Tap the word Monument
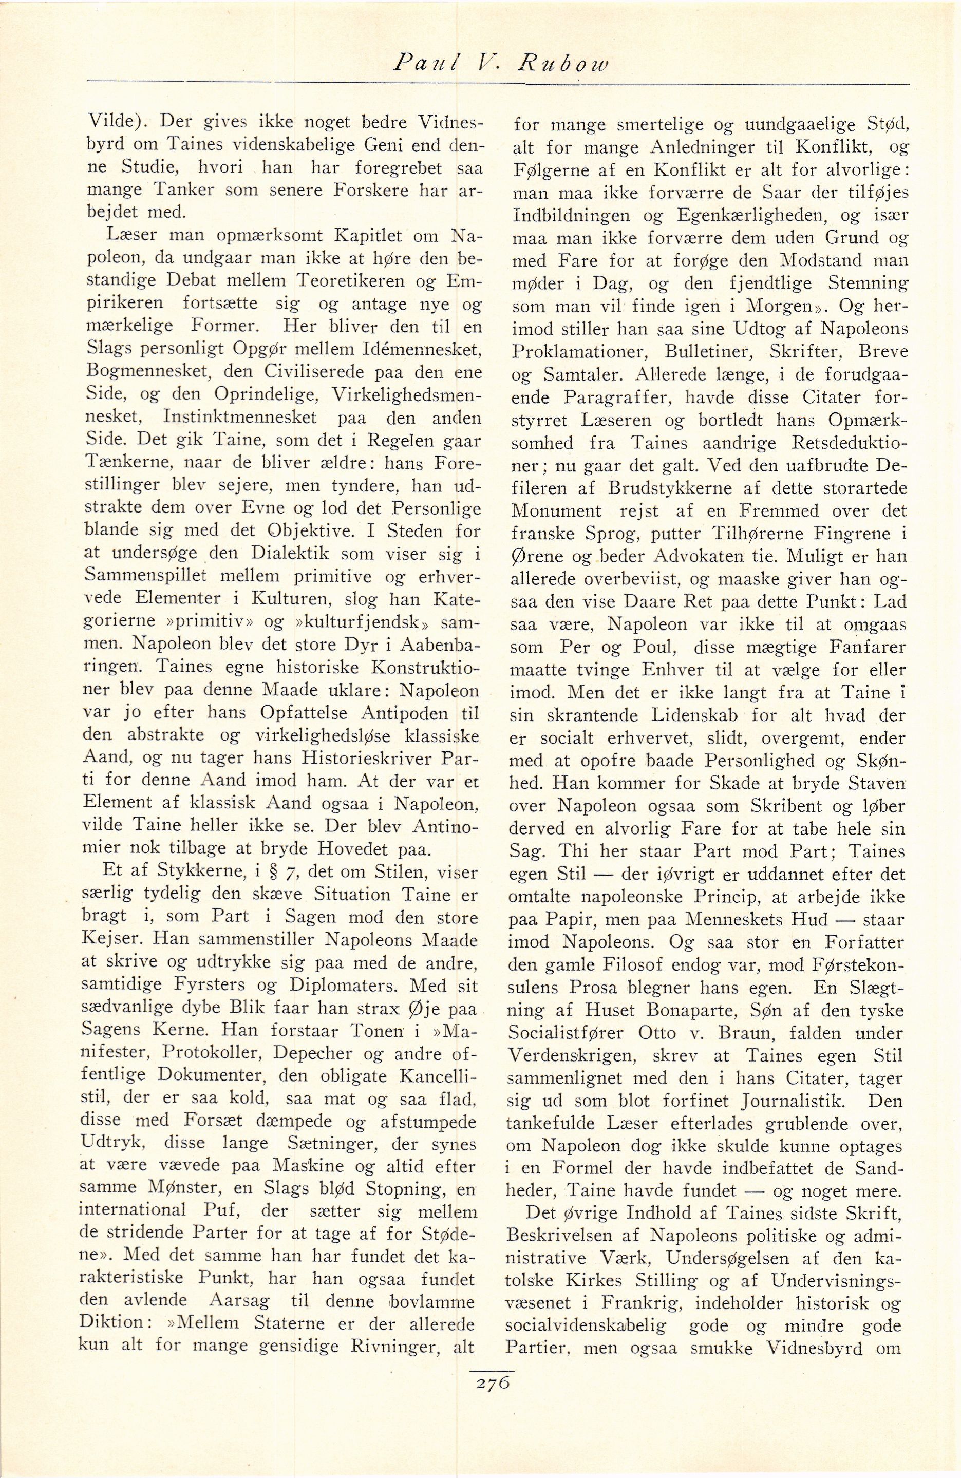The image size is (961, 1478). pyautogui.click(x=556, y=510)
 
